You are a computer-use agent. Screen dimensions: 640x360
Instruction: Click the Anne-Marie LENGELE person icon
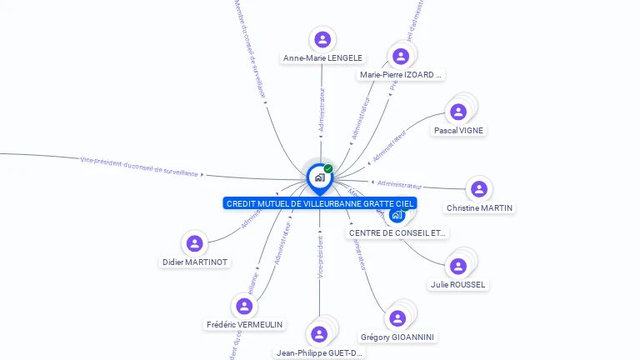(322, 39)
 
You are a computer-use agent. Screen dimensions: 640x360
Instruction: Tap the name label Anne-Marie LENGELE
(323, 58)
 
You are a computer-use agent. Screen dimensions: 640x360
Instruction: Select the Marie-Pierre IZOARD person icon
(401, 56)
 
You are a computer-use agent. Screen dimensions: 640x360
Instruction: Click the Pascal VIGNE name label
(458, 130)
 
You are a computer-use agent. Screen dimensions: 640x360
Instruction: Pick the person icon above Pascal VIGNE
(458, 112)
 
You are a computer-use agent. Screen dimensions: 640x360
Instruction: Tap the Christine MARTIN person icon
(478, 189)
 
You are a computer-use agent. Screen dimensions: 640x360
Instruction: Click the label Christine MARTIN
(480, 207)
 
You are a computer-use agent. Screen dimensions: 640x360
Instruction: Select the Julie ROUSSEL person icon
(457, 267)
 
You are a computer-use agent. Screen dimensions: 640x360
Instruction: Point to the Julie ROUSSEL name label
(458, 284)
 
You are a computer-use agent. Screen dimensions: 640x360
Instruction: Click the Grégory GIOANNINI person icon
(397, 318)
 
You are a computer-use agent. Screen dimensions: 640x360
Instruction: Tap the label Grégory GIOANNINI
(397, 337)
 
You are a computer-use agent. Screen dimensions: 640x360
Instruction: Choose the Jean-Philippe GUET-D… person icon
(319, 334)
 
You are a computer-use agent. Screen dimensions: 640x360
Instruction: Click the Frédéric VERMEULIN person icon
(244, 306)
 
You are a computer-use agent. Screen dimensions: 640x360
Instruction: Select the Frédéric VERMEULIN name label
(244, 324)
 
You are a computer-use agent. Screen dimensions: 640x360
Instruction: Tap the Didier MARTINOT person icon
(195, 243)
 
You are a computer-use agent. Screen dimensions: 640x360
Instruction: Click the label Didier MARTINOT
(195, 262)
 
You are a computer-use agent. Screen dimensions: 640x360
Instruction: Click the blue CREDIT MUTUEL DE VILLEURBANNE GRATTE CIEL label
(320, 203)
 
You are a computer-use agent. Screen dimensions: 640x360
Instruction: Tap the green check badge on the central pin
(328, 168)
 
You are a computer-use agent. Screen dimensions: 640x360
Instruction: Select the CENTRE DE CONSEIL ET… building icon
(397, 216)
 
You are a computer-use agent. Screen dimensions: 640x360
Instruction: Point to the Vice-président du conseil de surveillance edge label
(139, 166)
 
